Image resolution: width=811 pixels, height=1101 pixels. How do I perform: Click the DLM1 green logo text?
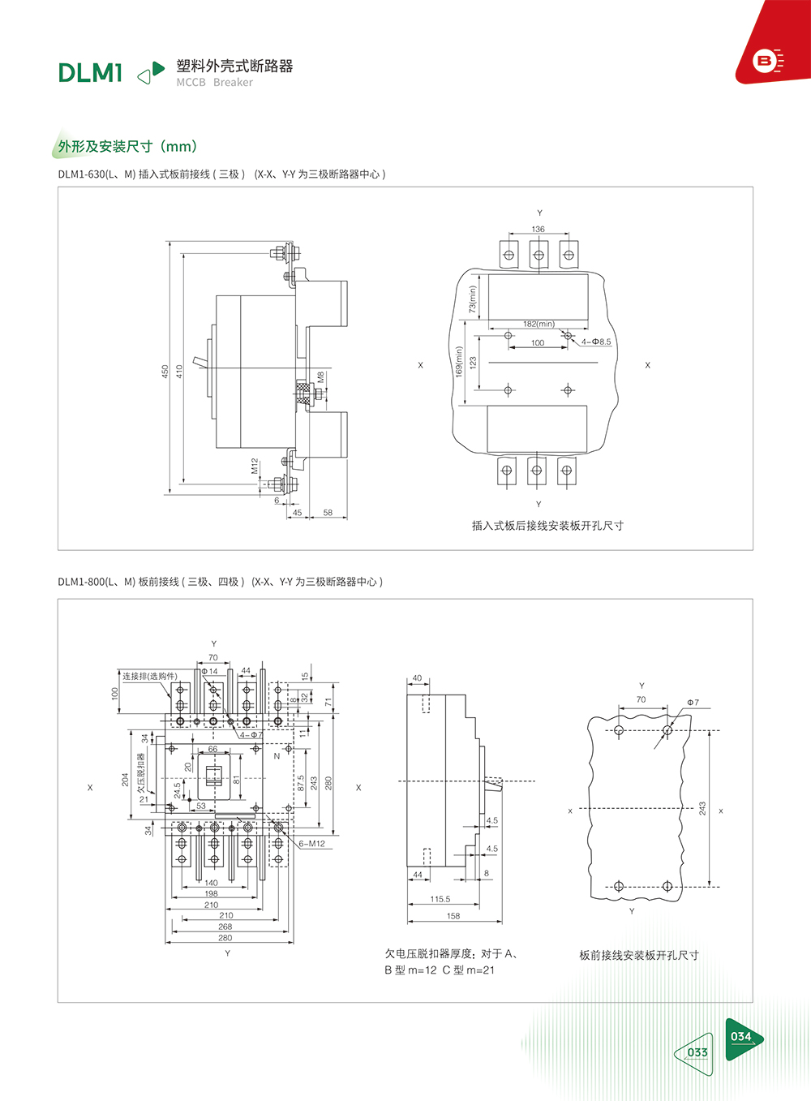(90, 73)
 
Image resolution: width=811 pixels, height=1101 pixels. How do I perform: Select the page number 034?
(740, 1037)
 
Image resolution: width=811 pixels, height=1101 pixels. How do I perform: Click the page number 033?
(697, 1052)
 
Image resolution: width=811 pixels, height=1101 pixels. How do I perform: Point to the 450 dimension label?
(165, 371)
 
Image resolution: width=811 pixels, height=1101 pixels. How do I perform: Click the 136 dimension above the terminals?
(538, 229)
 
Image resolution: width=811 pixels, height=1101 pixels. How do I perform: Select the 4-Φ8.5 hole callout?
(596, 342)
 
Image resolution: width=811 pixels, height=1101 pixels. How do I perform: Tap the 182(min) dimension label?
(539, 324)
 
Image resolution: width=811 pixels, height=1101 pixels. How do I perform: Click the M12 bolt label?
(255, 466)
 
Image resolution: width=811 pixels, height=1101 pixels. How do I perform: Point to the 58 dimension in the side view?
(328, 512)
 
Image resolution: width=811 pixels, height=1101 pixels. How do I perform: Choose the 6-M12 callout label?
(312, 844)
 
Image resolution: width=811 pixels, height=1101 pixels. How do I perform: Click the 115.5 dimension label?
(440, 899)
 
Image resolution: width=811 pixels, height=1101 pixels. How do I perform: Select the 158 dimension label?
(453, 916)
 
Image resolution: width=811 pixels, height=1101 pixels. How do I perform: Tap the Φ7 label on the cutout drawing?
(693, 703)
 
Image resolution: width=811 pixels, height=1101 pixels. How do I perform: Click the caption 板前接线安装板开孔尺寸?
(639, 955)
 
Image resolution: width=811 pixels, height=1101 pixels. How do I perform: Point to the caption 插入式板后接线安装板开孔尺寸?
(547, 526)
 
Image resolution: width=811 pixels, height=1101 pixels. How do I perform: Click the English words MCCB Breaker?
(215, 82)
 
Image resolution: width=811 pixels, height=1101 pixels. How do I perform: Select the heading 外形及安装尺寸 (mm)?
(127, 146)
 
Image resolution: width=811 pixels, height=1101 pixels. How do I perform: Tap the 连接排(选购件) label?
(150, 677)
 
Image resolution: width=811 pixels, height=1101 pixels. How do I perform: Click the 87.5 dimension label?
(301, 783)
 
